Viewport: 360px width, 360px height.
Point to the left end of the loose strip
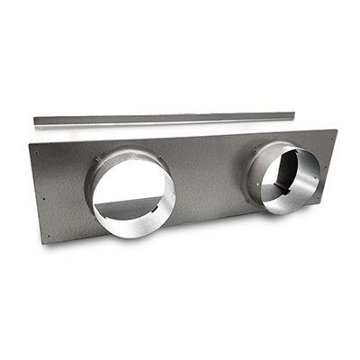35,121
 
